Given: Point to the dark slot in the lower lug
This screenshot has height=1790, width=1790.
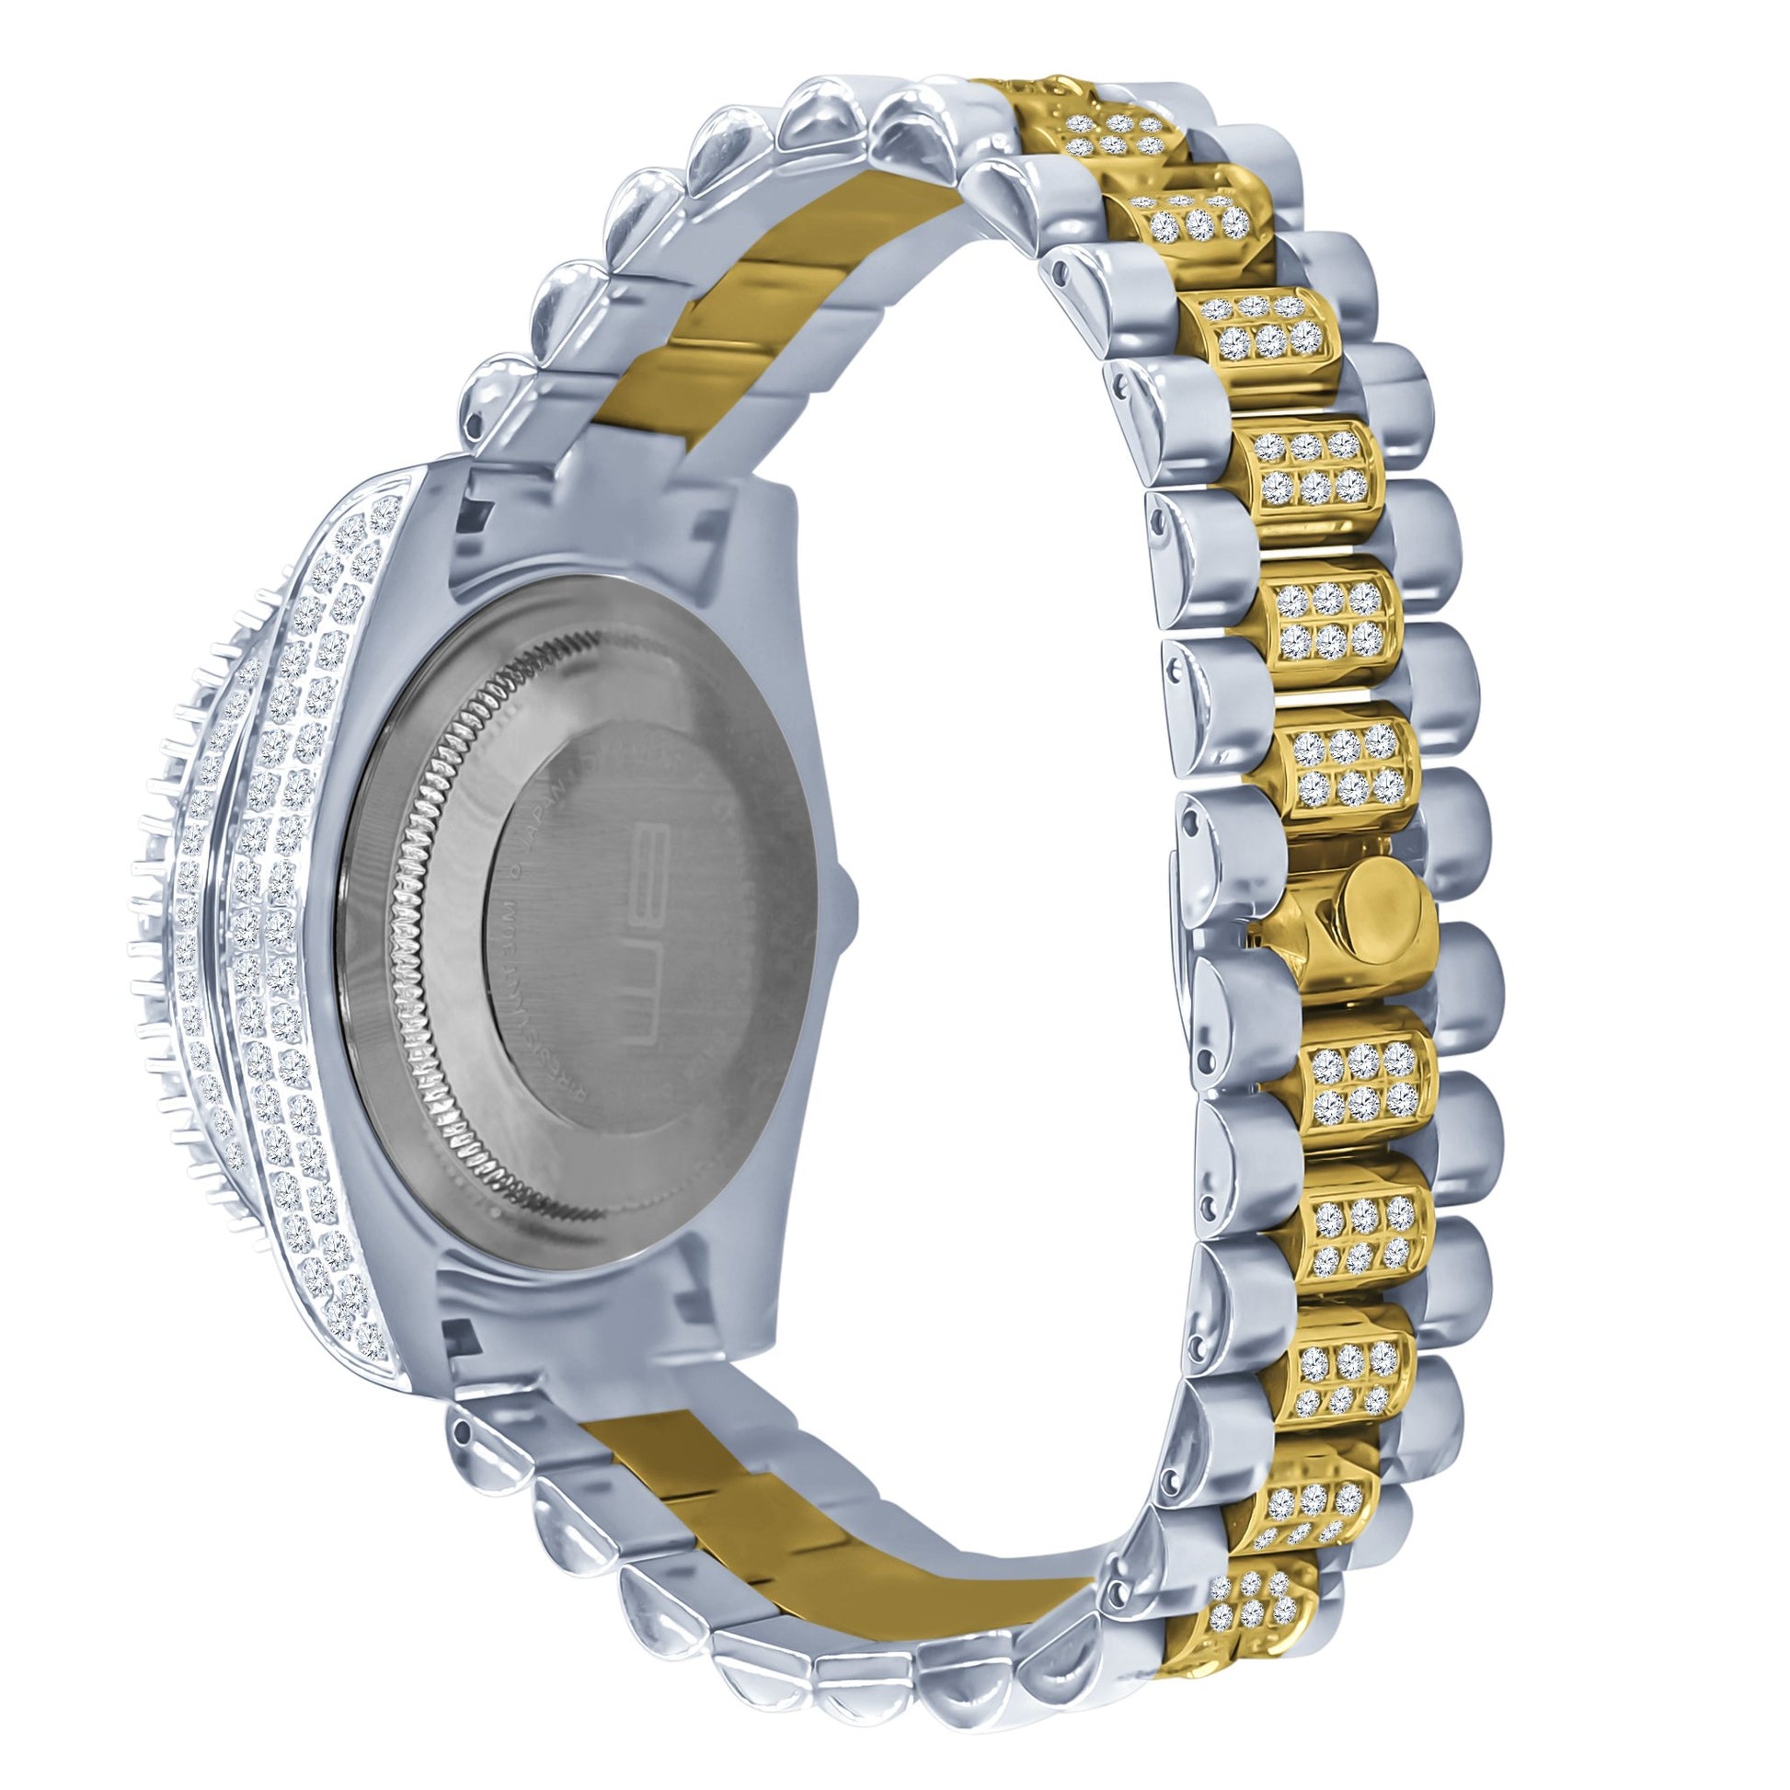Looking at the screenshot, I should tap(461, 1333).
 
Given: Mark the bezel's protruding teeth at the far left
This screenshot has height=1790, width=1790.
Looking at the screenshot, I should tap(139, 926).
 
